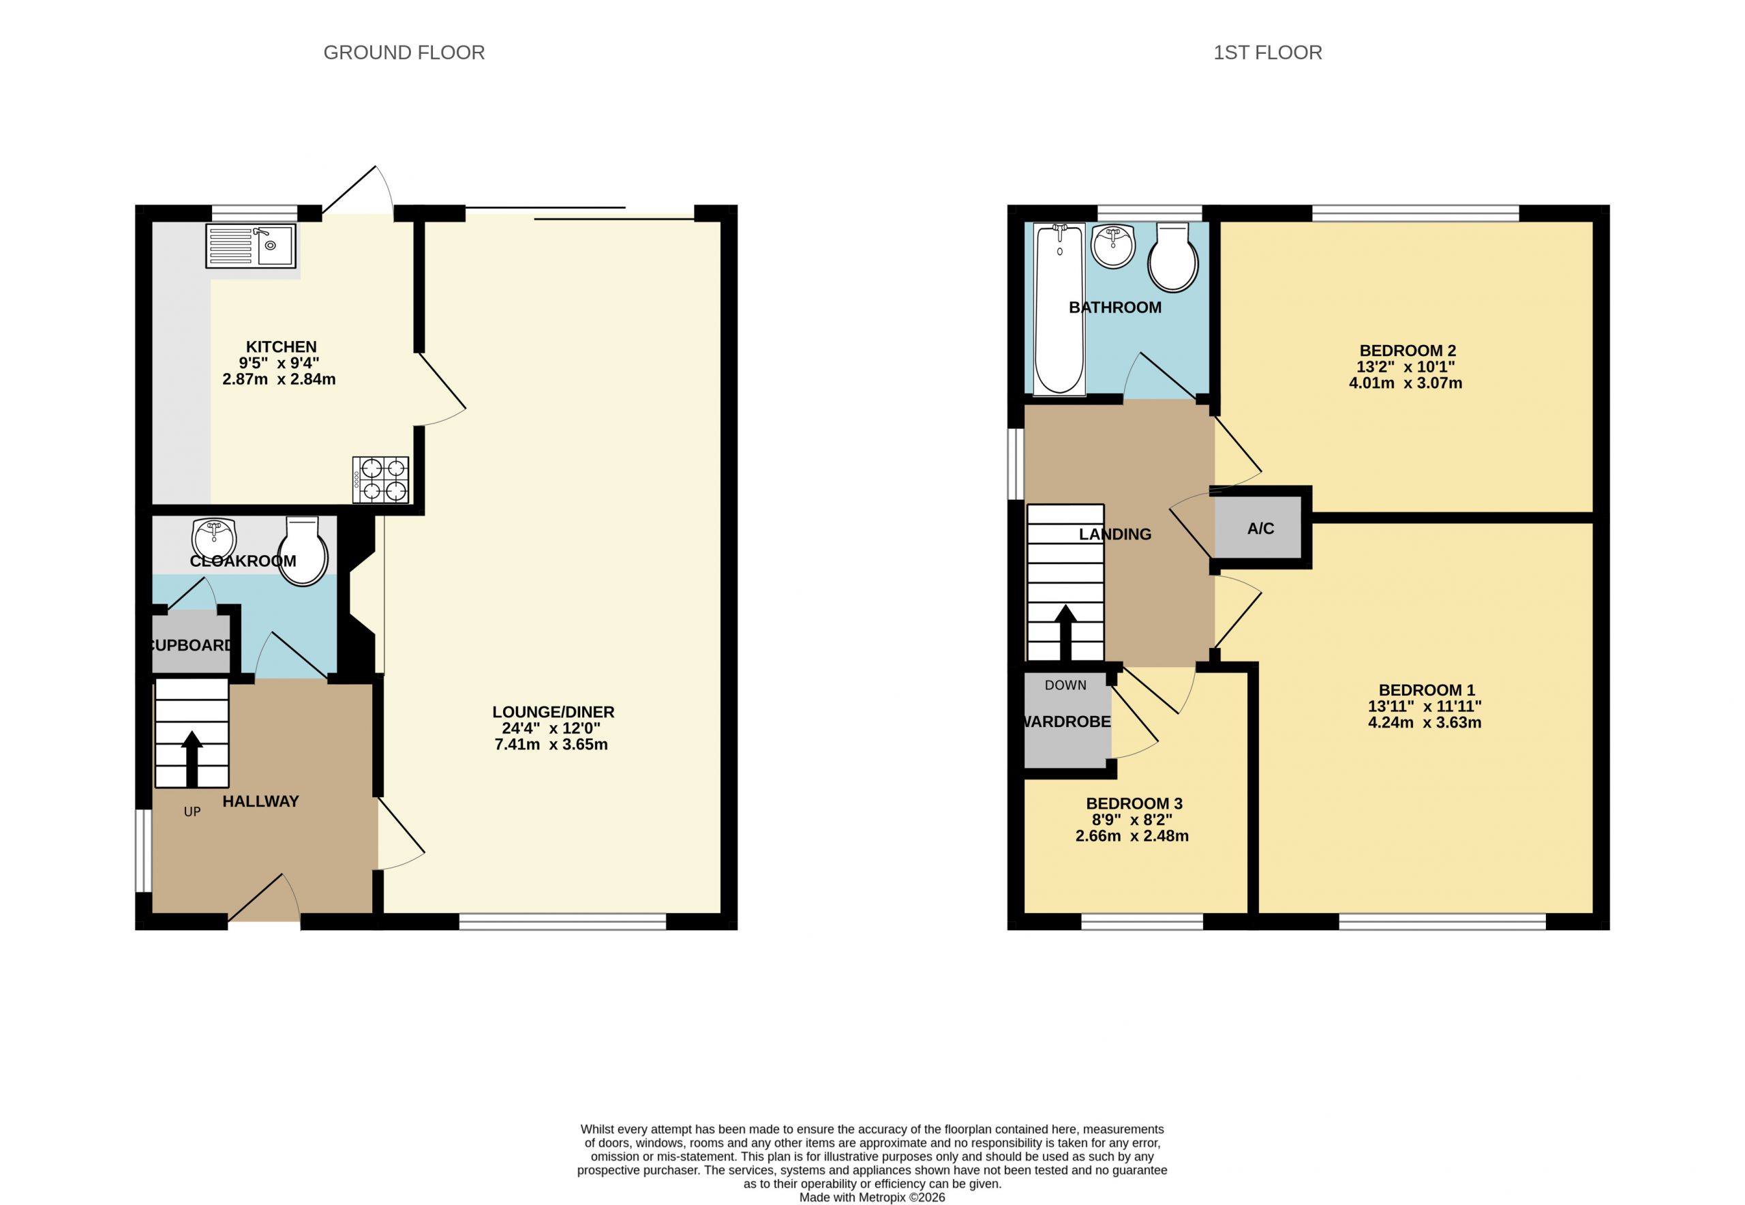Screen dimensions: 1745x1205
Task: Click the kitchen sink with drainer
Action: [251, 246]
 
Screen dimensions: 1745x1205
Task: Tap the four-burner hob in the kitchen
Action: [380, 479]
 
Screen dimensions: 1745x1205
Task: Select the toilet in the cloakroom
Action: [303, 551]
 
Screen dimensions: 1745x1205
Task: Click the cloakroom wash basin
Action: [214, 539]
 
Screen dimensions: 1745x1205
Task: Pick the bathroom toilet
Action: [1172, 256]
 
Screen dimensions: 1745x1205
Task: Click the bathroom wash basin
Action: [1113, 246]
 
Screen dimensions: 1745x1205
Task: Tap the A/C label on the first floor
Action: [1260, 529]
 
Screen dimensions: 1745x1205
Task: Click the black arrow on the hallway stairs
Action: [192, 759]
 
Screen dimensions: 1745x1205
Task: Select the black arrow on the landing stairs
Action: [1065, 633]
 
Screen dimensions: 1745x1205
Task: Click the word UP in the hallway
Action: [192, 812]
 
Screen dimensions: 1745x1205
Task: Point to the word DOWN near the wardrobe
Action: [1065, 685]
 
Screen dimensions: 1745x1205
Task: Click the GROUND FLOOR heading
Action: [404, 52]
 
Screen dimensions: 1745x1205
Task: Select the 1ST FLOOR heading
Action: [1268, 52]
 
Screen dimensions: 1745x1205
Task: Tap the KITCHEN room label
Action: [281, 346]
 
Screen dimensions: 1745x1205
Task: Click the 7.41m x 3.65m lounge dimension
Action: [551, 745]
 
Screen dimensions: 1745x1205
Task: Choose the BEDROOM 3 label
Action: [1134, 803]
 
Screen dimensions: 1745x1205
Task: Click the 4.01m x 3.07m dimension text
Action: [1406, 383]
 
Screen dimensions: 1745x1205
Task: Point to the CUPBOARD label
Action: [192, 645]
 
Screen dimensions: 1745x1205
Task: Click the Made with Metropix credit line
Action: [872, 1197]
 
